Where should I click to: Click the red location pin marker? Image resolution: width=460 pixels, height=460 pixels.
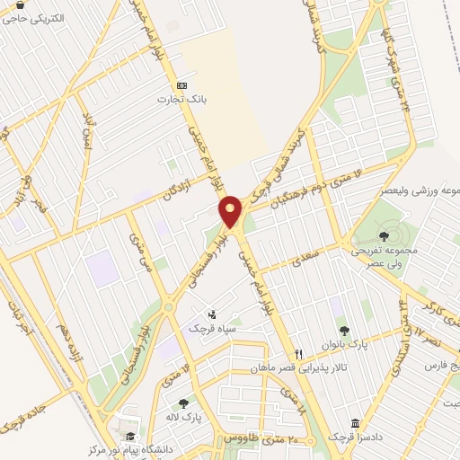(x=231, y=211)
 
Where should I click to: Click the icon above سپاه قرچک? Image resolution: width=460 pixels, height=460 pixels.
(x=212, y=314)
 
